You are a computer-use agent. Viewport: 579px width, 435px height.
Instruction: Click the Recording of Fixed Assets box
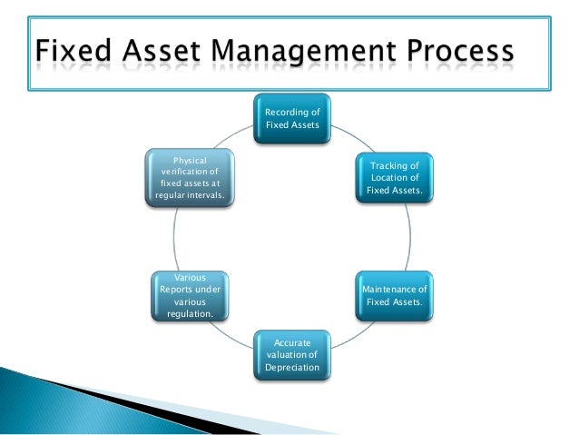291,118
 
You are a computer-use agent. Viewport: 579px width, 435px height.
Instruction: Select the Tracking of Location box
395,177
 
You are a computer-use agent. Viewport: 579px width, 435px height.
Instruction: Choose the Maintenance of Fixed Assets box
395,295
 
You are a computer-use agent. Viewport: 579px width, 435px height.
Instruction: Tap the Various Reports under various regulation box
190,295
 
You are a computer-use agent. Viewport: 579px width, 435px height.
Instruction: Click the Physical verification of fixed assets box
190,177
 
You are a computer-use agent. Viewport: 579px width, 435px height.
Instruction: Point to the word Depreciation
291,369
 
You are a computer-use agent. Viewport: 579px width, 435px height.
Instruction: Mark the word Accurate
291,342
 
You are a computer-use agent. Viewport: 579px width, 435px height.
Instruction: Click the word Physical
190,159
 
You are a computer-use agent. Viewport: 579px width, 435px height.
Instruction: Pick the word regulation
190,313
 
